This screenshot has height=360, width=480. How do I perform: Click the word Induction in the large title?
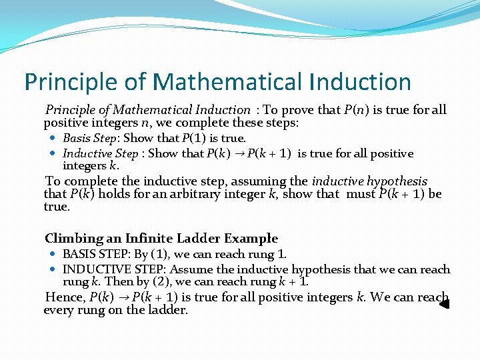pos(360,82)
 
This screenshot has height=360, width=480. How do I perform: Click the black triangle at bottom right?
pos(445,304)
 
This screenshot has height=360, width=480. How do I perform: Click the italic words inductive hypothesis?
pos(369,181)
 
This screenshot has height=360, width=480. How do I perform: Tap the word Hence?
pos(64,297)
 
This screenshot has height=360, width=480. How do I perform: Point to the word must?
pos(361,194)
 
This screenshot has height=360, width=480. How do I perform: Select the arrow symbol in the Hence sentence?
pos(124,298)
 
